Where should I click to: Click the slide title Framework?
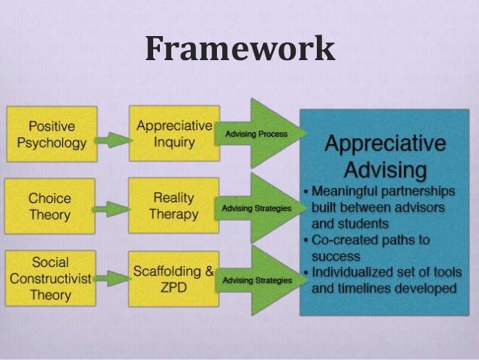pyautogui.click(x=239, y=50)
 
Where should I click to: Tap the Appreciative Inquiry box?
pyautogui.click(x=173, y=133)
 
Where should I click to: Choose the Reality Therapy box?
pyautogui.click(x=173, y=207)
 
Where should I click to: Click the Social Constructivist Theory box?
pyautogui.click(x=50, y=279)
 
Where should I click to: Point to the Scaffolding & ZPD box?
pyautogui.click(x=173, y=279)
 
